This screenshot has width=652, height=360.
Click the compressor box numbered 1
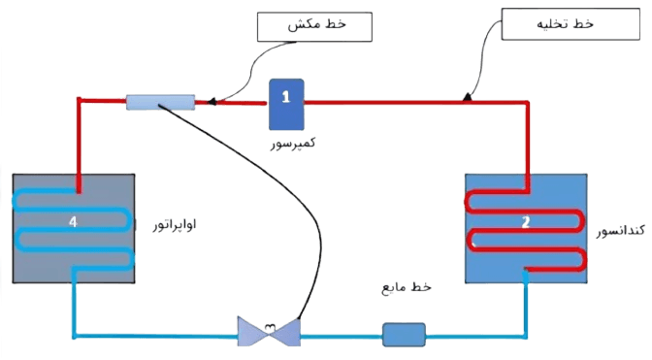[x=286, y=105]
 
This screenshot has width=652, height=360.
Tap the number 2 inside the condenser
[x=526, y=222]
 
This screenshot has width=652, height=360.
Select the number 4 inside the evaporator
[x=73, y=221]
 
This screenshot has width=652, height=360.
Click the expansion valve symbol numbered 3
[x=269, y=331]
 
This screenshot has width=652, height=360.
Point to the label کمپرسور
[x=293, y=143]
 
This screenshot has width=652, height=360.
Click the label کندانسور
[x=621, y=230]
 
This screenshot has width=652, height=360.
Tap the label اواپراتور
[x=175, y=225]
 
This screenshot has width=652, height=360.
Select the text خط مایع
[x=407, y=287]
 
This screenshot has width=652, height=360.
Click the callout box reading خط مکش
[x=314, y=27]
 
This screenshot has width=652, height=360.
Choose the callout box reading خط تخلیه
[x=570, y=24]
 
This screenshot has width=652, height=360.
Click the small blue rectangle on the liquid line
[x=404, y=335]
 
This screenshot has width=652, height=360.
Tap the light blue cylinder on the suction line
[x=160, y=102]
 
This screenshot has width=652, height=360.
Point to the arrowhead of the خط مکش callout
[x=212, y=101]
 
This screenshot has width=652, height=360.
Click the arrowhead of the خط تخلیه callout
[x=468, y=97]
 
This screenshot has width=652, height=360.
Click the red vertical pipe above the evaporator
[x=79, y=146]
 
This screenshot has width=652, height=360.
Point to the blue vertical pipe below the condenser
[x=526, y=304]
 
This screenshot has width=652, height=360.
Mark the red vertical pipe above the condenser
[x=527, y=146]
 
